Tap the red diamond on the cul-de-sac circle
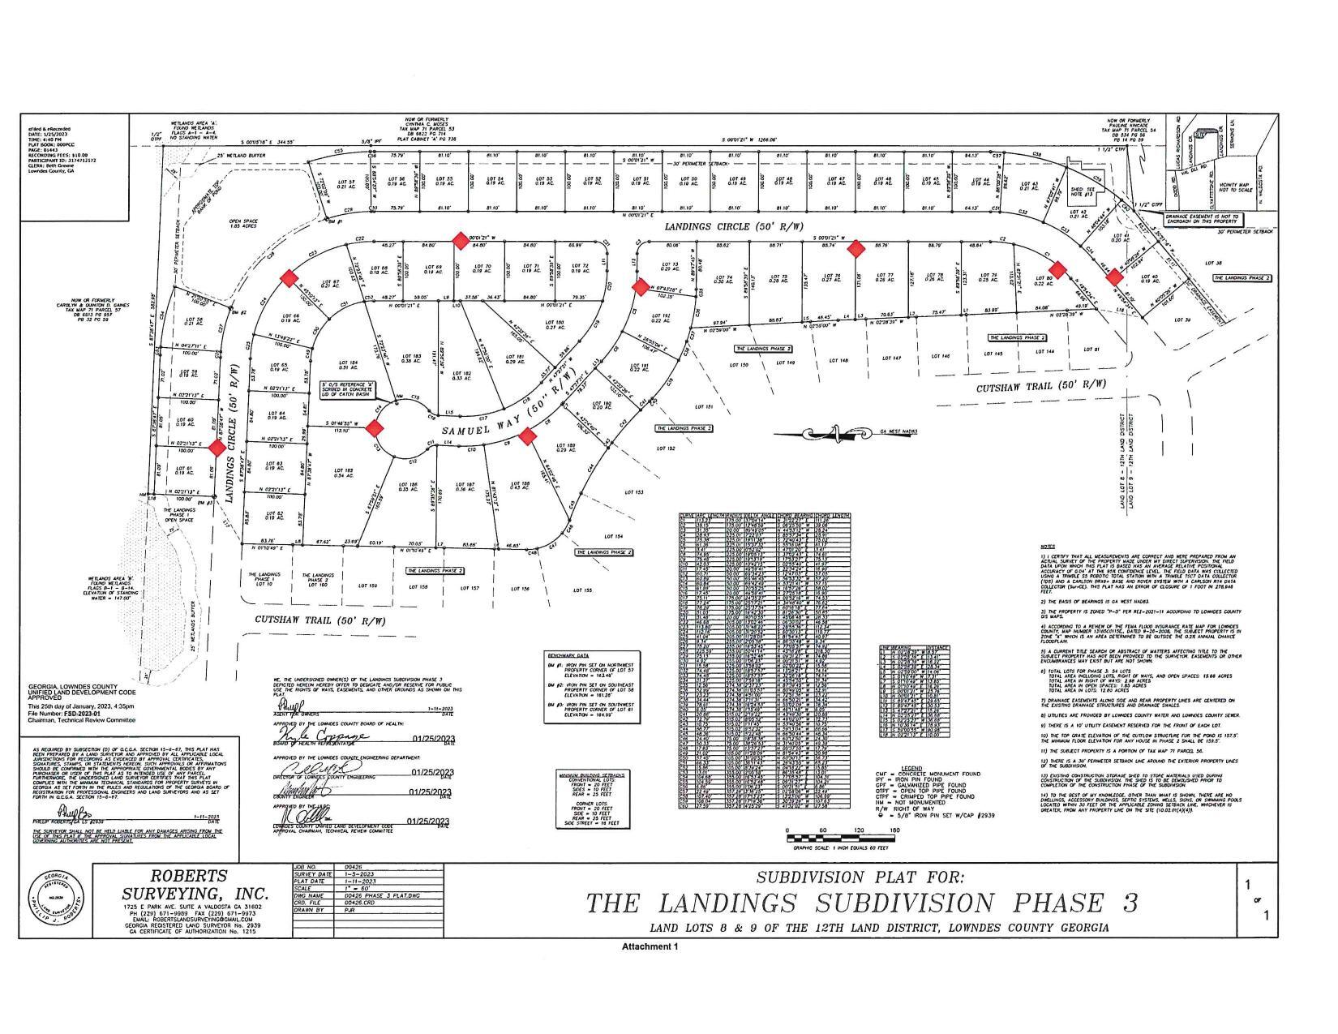pos(375,427)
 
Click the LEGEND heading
pos(911,767)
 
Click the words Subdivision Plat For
pos(860,877)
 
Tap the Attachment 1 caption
pos(649,946)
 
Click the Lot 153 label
pos(633,492)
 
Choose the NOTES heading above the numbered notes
pos(1049,547)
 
